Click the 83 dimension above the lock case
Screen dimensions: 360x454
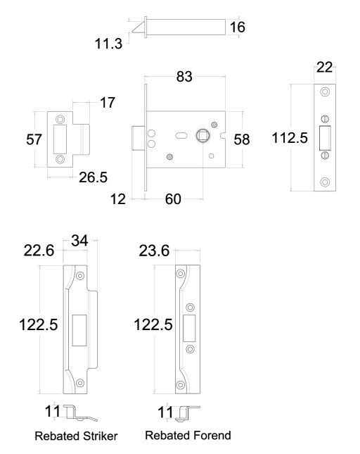coord(184,77)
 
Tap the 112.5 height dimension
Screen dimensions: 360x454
coord(290,137)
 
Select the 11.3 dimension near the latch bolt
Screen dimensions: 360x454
coord(109,44)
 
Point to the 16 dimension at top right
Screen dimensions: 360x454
coord(238,27)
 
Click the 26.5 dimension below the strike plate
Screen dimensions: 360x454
coord(93,177)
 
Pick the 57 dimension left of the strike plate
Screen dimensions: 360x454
coord(34,139)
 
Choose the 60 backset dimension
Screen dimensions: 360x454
coord(173,199)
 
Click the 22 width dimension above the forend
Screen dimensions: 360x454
coord(324,68)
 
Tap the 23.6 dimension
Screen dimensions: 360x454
coord(154,251)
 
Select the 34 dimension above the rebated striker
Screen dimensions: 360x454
coord(79,240)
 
